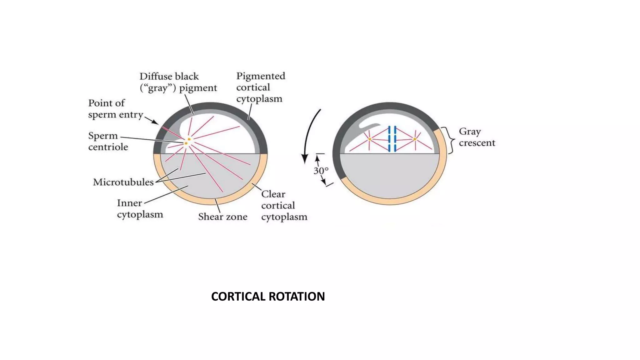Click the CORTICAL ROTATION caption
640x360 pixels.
(268, 296)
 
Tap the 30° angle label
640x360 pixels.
(321, 171)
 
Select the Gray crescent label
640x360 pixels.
(477, 137)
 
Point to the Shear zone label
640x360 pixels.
(222, 217)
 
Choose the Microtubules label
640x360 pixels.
(123, 182)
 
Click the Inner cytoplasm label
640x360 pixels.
(140, 208)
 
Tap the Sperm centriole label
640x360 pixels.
(108, 141)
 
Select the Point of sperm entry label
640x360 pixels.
(116, 109)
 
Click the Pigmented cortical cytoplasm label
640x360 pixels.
(260, 87)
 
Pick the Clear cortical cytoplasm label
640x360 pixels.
(284, 205)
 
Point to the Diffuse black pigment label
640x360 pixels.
(178, 82)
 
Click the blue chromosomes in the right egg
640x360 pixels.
(392, 139)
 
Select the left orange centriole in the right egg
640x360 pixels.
(370, 139)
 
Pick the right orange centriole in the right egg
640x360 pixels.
(415, 139)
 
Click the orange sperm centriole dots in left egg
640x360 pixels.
(187, 141)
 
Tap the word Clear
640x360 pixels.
(273, 194)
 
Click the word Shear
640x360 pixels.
(209, 217)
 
